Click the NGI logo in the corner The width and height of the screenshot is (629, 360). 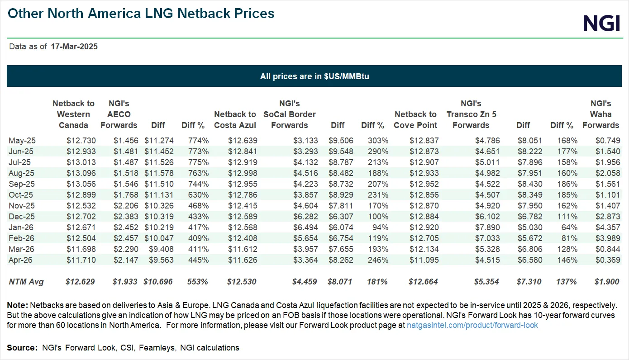click(601, 23)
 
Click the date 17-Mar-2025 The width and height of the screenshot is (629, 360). click(74, 47)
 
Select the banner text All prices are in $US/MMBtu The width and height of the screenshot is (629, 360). click(314, 76)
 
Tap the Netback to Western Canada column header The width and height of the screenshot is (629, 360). click(73, 114)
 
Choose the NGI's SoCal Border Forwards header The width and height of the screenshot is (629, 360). click(290, 114)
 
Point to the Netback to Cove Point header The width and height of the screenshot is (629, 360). click(415, 120)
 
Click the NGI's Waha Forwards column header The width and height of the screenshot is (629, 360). click(600, 114)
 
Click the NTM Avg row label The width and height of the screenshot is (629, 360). click(26, 282)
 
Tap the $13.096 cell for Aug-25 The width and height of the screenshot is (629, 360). click(81, 173)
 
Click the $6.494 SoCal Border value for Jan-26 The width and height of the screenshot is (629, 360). click(305, 227)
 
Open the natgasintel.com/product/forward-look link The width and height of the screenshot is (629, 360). click(472, 325)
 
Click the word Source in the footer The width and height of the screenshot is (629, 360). click(21, 348)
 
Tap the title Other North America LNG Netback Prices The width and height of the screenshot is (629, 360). click(141, 14)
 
